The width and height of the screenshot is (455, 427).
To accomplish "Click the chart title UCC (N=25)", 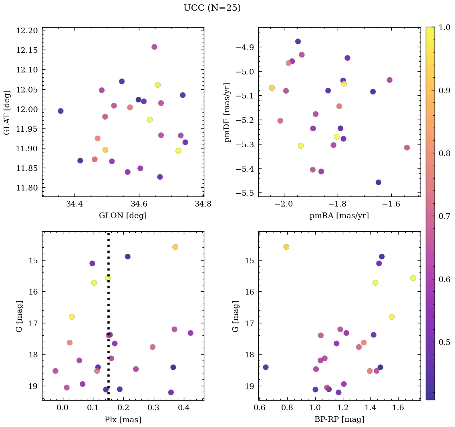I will pyautogui.click(x=212, y=8).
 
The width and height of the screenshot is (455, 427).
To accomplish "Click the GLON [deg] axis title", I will pyautogui.click(x=123, y=216).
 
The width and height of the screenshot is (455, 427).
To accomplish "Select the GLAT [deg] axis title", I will pyautogui.click(x=7, y=112).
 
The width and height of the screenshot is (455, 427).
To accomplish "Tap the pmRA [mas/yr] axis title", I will pyautogui.click(x=339, y=216).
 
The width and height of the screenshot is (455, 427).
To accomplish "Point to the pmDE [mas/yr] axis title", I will pyautogui.click(x=227, y=112).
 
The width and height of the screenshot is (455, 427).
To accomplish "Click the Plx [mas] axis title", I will pyautogui.click(x=123, y=419).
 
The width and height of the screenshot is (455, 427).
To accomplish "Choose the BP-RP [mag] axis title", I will pyautogui.click(x=339, y=419).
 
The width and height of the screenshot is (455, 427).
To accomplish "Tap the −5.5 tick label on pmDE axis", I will pyautogui.click(x=244, y=193).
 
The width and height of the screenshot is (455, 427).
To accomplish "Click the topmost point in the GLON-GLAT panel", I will pyautogui.click(x=154, y=47).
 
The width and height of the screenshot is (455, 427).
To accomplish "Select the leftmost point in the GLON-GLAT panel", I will pyautogui.click(x=60, y=111).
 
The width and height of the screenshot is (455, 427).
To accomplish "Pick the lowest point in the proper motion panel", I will pyautogui.click(x=378, y=182).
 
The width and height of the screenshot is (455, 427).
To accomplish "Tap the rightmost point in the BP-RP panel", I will pyautogui.click(x=413, y=278).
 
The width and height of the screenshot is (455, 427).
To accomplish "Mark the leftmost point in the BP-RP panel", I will pyautogui.click(x=266, y=367).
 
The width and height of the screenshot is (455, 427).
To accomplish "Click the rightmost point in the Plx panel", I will pyautogui.click(x=190, y=333).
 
